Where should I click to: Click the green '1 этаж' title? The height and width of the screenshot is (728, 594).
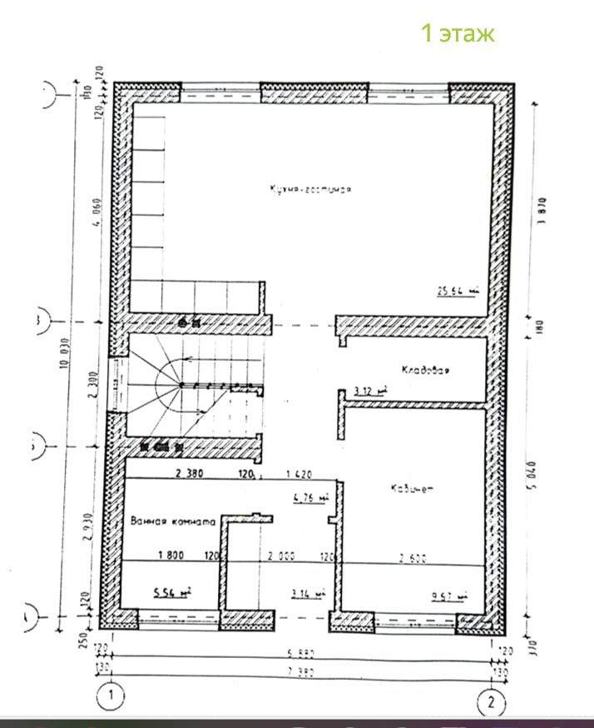(x=457, y=33)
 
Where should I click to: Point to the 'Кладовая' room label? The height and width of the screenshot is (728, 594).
(x=425, y=371)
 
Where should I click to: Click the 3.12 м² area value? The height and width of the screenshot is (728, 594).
(x=365, y=390)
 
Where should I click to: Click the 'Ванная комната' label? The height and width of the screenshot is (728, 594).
(x=173, y=521)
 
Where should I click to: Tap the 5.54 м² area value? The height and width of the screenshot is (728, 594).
(x=172, y=592)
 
